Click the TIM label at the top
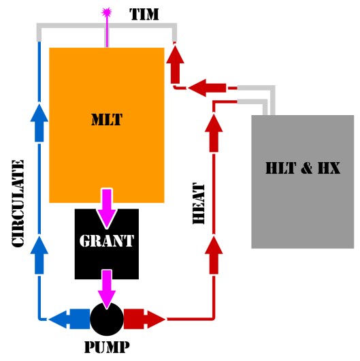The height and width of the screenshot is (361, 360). (x=144, y=13)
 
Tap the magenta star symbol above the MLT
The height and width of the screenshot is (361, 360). (x=106, y=12)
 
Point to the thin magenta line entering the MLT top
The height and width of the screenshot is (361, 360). (x=106, y=33)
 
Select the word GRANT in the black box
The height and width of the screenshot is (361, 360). (x=107, y=240)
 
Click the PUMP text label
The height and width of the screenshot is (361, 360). (x=106, y=347)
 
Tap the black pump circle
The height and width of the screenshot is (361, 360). (x=107, y=318)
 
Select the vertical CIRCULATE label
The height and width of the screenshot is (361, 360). (x=19, y=204)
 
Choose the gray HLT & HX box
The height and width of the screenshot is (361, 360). (x=302, y=181)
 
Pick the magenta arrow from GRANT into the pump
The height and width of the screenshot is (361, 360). (x=107, y=289)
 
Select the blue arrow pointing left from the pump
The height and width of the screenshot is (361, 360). (x=69, y=318)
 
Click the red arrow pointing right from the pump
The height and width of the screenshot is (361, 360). (x=145, y=318)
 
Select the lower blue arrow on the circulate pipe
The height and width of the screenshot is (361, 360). (x=39, y=249)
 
